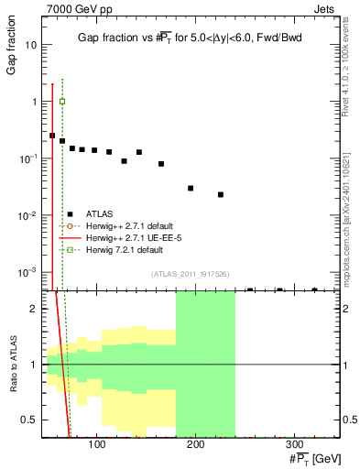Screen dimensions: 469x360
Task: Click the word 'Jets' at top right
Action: (326, 8)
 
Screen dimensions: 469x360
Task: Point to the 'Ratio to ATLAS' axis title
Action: (12, 361)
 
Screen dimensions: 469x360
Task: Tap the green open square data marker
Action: (62, 101)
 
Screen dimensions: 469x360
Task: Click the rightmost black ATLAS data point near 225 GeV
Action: (221, 194)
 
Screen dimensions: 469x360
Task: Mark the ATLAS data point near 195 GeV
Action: (191, 188)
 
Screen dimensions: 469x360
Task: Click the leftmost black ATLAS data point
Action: (52, 136)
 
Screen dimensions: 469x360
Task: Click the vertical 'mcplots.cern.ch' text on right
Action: (346, 220)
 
